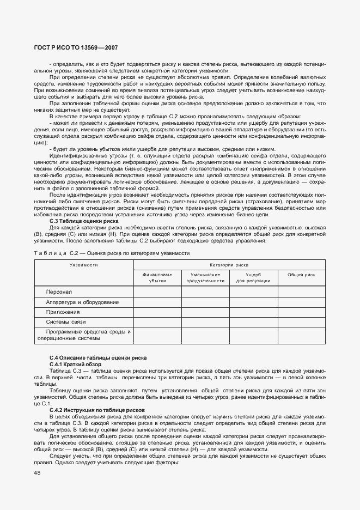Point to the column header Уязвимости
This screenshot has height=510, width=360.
83,264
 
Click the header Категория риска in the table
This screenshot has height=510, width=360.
229,264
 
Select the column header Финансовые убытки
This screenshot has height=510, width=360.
157,277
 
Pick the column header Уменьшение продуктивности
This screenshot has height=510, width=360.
205,277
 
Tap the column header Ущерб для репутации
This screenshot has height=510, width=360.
253,277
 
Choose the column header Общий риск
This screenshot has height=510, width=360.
301,275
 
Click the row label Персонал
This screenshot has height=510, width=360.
59,292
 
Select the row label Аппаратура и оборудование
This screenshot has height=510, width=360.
82,302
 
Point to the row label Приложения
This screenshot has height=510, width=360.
63,312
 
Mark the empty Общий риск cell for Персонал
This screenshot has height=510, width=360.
301,292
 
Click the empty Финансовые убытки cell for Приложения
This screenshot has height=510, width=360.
157,312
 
